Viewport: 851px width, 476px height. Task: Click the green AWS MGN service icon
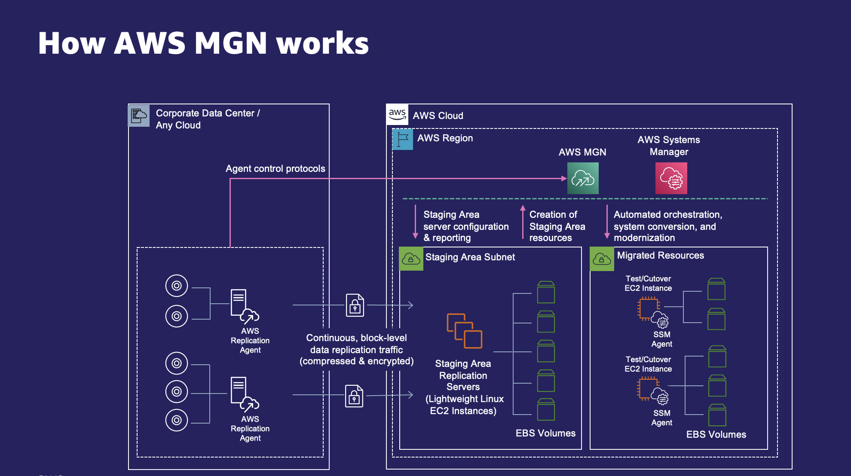(x=583, y=178)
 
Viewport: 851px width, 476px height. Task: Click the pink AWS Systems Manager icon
(x=671, y=178)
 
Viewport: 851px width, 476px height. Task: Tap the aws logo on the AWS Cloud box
(x=397, y=114)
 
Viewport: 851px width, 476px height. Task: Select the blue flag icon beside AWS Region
(x=403, y=139)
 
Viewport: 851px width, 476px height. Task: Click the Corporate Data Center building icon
(x=139, y=116)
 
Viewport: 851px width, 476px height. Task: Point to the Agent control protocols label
(x=275, y=168)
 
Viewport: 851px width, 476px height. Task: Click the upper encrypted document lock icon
(x=355, y=305)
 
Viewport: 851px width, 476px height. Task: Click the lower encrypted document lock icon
(x=354, y=396)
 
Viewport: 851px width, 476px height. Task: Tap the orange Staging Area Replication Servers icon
(x=464, y=331)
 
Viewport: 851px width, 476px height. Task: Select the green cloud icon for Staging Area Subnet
(x=411, y=259)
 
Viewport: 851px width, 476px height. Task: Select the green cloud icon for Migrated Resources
(x=602, y=259)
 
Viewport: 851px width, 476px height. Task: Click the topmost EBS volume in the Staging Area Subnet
(x=546, y=292)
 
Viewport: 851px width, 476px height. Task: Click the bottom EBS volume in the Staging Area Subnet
(x=546, y=409)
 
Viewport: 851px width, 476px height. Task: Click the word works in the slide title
(x=322, y=43)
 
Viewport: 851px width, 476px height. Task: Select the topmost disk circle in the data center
(x=177, y=286)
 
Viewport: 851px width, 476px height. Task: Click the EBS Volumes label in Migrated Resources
(x=716, y=434)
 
